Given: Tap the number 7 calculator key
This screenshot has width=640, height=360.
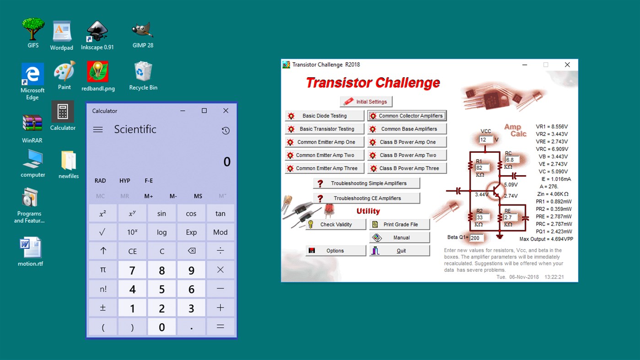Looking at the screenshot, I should tap(132, 270).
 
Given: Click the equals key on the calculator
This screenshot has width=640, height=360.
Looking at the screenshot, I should tap(220, 327).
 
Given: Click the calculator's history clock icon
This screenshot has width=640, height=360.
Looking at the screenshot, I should tap(226, 131).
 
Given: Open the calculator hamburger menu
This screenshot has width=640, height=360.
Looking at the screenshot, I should tap(98, 129).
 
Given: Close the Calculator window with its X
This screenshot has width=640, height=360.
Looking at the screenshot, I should tap(226, 111).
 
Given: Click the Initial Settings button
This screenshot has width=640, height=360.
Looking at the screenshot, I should tap(366, 102).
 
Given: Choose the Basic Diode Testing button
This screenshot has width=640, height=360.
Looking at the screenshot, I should tap(324, 116).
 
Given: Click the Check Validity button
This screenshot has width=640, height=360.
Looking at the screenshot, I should tap(336, 225).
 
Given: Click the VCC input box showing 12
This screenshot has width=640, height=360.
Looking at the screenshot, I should tap(485, 140).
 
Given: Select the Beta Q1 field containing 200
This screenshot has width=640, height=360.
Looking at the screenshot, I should tap(476, 238).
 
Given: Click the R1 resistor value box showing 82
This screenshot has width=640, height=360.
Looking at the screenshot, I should tap(482, 168).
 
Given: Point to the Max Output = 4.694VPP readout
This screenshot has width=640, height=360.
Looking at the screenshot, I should tap(546, 239).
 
